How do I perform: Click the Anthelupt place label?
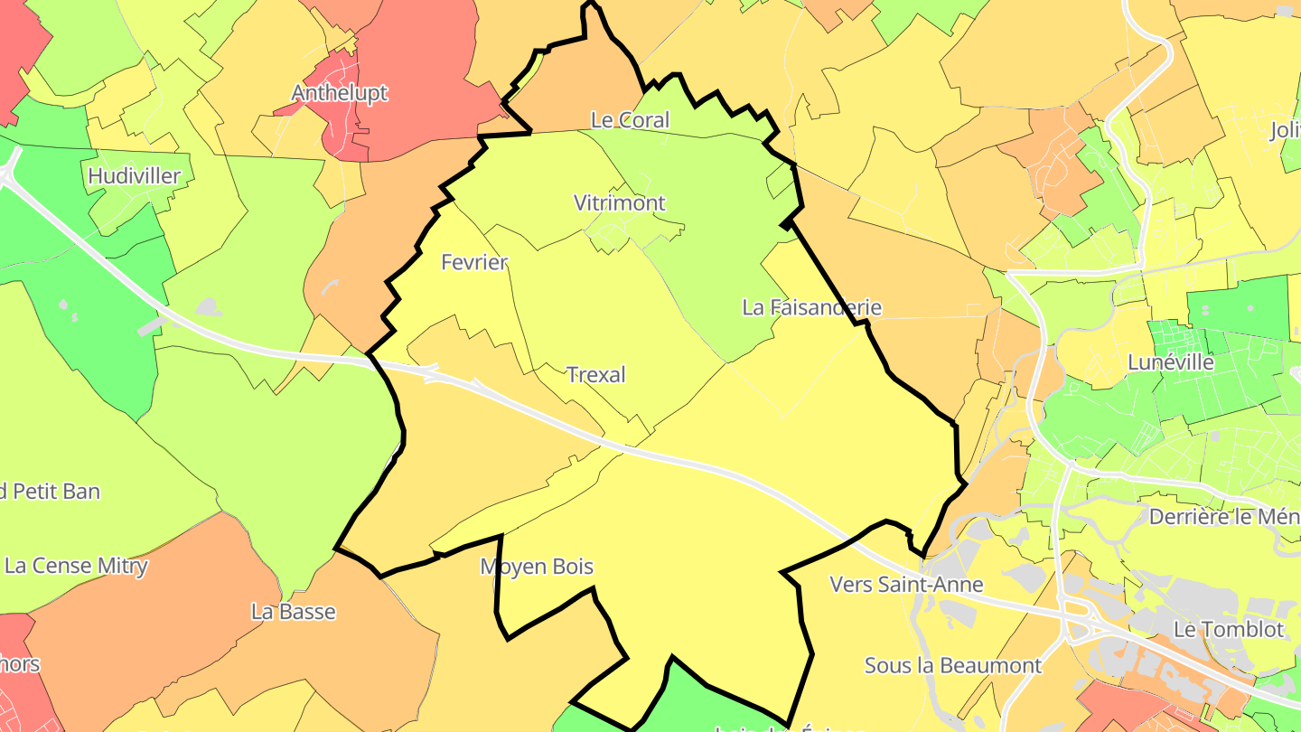(x=339, y=93)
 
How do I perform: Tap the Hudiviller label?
(x=135, y=175)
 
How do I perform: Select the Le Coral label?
(x=630, y=119)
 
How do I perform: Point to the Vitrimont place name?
(x=620, y=202)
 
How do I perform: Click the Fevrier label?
(x=474, y=262)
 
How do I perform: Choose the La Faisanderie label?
(x=811, y=307)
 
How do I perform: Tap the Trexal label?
(x=595, y=374)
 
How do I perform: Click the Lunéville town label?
(x=1171, y=362)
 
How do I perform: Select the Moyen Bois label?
(x=537, y=567)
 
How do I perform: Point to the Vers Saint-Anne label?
(x=906, y=585)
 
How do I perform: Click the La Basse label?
(x=294, y=612)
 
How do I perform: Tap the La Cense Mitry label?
(x=76, y=566)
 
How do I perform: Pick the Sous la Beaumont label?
(x=953, y=666)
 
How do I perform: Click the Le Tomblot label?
(x=1228, y=629)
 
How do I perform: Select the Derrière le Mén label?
(x=1224, y=517)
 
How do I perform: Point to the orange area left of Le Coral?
(x=569, y=99)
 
